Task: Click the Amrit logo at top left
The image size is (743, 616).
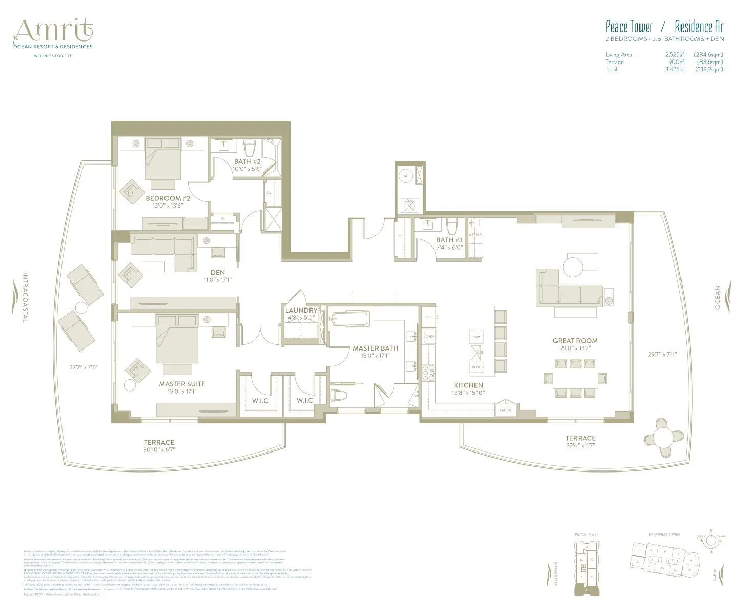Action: [x=54, y=32]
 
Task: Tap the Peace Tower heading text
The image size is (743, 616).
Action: [x=629, y=26]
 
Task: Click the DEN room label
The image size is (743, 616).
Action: [x=217, y=272]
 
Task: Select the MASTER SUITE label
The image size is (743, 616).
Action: [x=182, y=384]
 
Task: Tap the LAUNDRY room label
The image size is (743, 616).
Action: [x=301, y=310]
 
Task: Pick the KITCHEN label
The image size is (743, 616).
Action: [x=468, y=385]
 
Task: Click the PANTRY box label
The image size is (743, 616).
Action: [x=506, y=410]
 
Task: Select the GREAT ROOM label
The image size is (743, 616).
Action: [x=575, y=341]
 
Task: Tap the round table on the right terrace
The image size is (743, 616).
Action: [x=664, y=438]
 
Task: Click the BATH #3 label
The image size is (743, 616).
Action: [x=449, y=240]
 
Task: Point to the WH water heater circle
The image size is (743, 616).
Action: [x=406, y=176]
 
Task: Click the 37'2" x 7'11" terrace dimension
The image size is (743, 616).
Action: [x=84, y=367]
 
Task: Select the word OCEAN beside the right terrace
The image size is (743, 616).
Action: [x=718, y=298]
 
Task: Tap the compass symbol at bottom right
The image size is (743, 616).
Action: [x=711, y=540]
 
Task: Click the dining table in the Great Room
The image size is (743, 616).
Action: [x=576, y=378]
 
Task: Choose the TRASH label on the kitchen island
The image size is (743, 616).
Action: [x=477, y=367]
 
